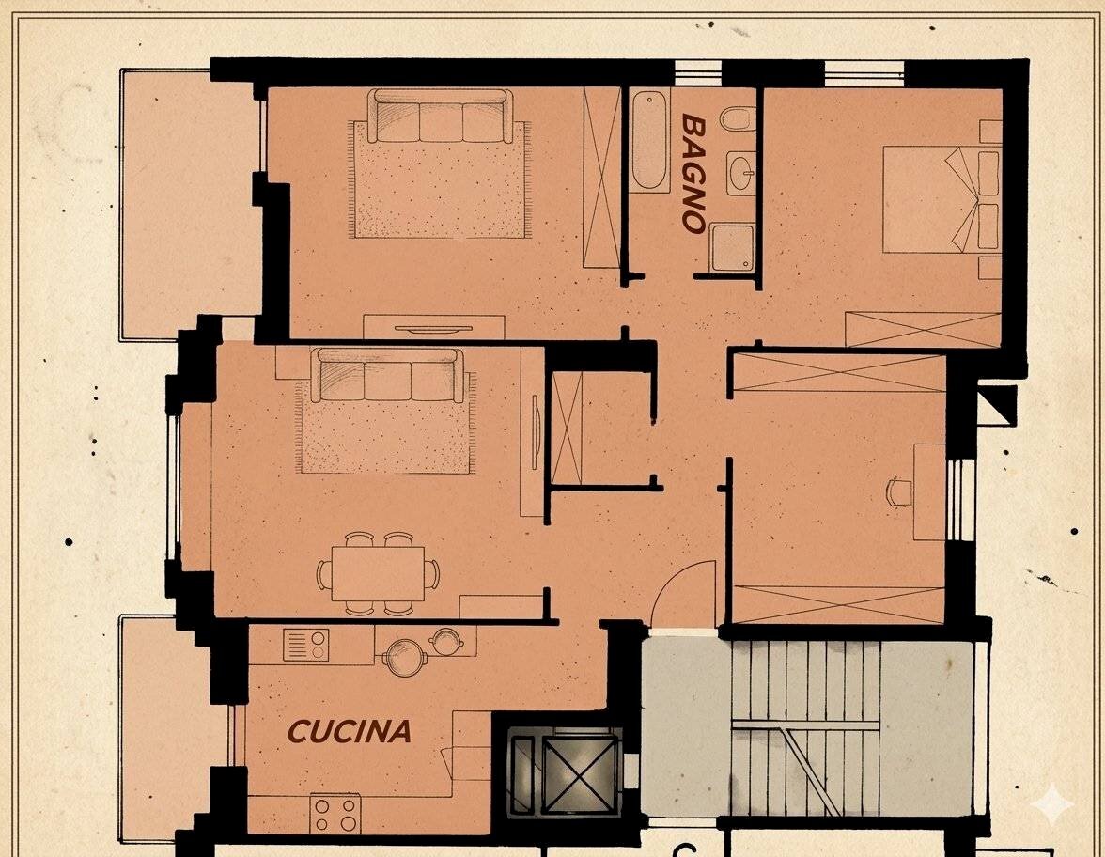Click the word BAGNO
click(693, 173)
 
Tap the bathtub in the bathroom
click(650, 141)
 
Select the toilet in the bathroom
click(739, 120)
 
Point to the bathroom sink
click(740, 173)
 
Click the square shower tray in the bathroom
click(732, 247)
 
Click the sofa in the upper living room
click(441, 115)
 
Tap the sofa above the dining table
click(387, 374)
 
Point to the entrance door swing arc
click(686, 594)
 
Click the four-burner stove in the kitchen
click(335, 814)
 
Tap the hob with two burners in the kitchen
click(306, 645)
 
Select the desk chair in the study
click(898, 491)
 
